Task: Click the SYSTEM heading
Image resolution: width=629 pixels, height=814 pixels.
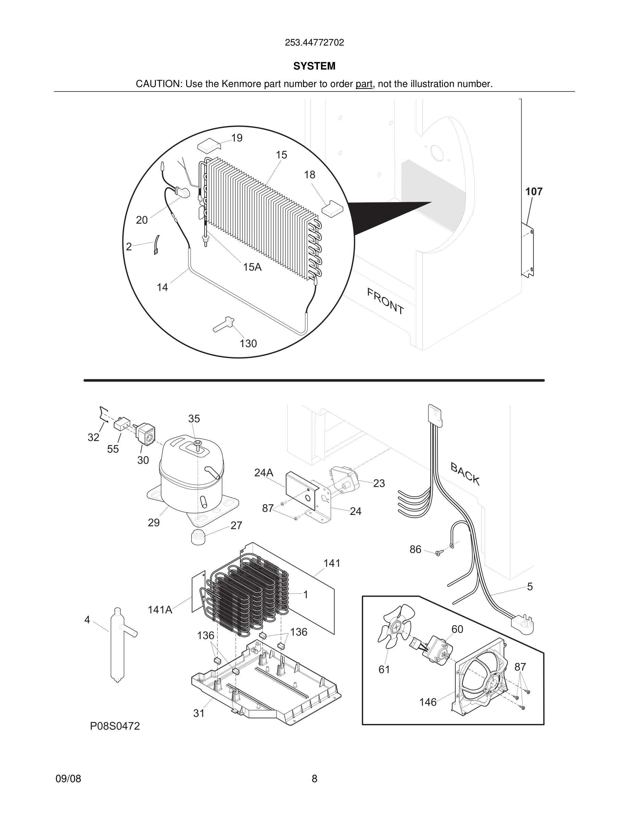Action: [x=314, y=66]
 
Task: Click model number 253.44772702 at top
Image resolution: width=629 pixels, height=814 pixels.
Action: [x=314, y=43]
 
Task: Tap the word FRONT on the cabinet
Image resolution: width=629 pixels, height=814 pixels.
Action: [x=385, y=301]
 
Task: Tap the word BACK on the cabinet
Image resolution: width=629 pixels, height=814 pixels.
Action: [x=465, y=474]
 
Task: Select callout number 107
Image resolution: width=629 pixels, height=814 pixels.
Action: [x=534, y=192]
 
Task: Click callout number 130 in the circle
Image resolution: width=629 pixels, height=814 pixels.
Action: [x=248, y=343]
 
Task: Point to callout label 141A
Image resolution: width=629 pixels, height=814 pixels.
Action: [x=160, y=610]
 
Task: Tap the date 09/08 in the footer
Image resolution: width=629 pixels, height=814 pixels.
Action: [x=68, y=779]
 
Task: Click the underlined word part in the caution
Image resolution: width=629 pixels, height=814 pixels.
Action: [x=364, y=84]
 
